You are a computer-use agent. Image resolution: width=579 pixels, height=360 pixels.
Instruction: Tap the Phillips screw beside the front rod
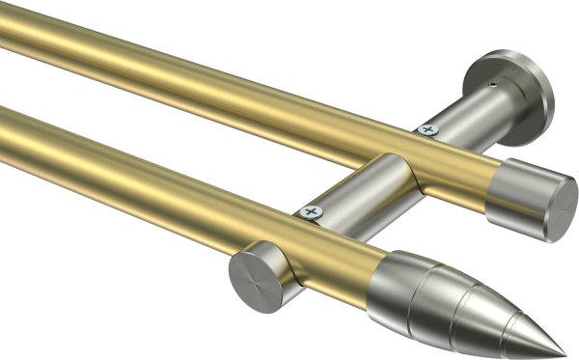[311, 209]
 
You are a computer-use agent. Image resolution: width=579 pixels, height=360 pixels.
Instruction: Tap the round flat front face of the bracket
[254, 279]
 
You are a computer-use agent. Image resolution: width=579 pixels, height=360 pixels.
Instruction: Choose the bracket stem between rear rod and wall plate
[463, 115]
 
